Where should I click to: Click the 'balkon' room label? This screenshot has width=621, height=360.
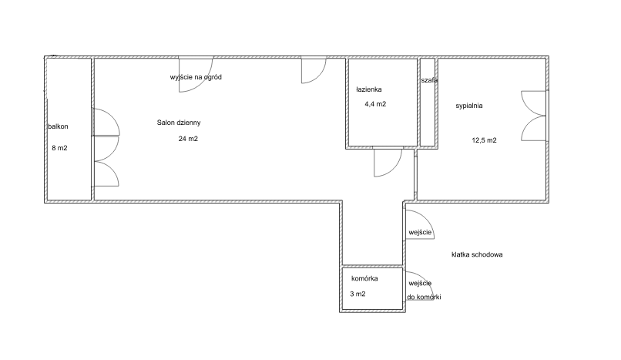(x=59, y=126)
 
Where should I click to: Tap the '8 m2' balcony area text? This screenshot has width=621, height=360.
(x=59, y=148)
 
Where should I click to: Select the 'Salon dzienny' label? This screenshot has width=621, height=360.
(x=179, y=123)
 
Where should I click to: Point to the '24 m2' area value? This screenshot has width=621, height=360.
(x=188, y=139)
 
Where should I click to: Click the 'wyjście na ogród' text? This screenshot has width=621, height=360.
(x=196, y=77)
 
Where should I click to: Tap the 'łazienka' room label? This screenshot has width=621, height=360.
(x=369, y=89)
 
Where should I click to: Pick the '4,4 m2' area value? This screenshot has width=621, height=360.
(x=375, y=104)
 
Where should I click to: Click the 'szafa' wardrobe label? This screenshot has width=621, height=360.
(x=429, y=80)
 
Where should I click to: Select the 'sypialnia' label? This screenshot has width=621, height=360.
(x=469, y=106)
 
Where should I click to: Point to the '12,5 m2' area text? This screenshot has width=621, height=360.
(x=484, y=140)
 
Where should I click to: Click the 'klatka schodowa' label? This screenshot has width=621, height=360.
(x=477, y=254)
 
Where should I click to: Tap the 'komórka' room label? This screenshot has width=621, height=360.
(x=364, y=278)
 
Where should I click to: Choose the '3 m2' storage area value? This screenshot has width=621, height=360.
(x=357, y=294)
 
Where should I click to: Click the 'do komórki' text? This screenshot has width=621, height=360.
(x=424, y=297)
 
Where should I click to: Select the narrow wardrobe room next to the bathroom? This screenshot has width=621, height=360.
(x=428, y=103)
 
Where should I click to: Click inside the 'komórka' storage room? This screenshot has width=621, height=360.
(x=372, y=288)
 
